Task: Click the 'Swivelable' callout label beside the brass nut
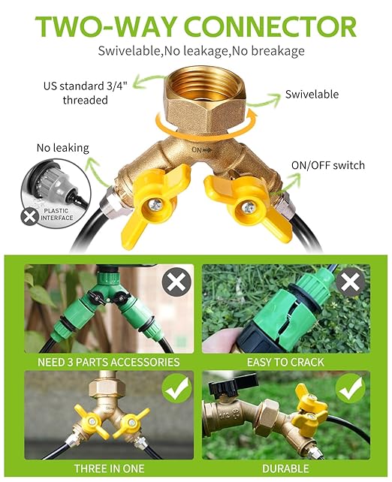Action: click(x=312, y=95)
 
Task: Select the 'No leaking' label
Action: click(x=63, y=148)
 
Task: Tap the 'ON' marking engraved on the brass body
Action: click(x=198, y=150)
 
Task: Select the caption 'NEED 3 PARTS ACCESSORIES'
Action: click(x=109, y=362)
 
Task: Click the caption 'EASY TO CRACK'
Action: click(x=285, y=362)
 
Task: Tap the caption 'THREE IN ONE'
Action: click(x=109, y=468)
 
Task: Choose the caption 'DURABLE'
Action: click(x=285, y=468)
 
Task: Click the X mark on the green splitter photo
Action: click(x=176, y=283)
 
